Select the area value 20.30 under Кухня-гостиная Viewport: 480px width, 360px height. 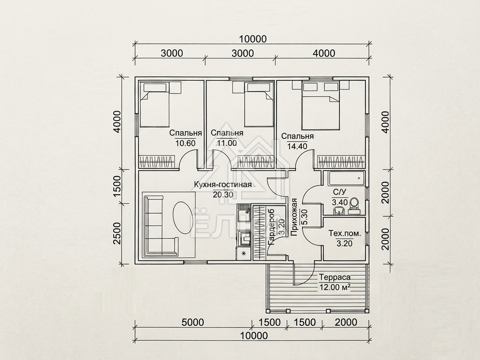(x=223, y=194)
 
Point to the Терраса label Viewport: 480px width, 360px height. (x=334, y=277)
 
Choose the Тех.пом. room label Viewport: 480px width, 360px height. (x=345, y=234)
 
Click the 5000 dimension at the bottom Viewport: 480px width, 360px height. (x=193, y=322)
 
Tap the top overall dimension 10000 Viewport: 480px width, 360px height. (x=253, y=39)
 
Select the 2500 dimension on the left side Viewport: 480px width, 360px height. (x=117, y=233)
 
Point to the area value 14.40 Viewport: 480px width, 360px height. (x=297, y=146)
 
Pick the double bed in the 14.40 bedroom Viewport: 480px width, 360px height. (x=320, y=106)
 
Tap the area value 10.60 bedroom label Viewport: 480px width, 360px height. (x=185, y=143)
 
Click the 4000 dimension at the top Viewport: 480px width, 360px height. (x=324, y=53)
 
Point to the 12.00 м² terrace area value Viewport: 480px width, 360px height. (x=334, y=287)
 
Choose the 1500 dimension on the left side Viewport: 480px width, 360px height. (x=117, y=186)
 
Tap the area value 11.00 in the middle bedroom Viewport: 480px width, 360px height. (x=227, y=143)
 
